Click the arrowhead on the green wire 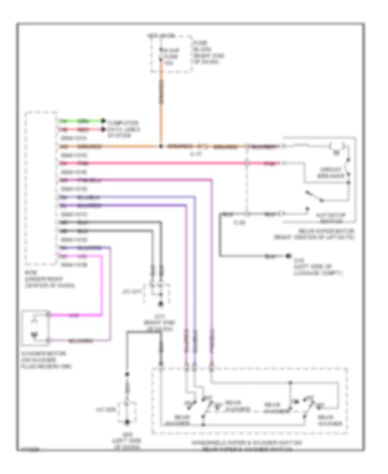tap(103, 121)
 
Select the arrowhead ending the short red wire tap(103, 129)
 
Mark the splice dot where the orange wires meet tap(161, 147)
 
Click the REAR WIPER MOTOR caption tap(314, 234)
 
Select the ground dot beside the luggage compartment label tap(288, 257)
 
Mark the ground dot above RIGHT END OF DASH tap(161, 305)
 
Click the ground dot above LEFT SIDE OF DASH tap(127, 423)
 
